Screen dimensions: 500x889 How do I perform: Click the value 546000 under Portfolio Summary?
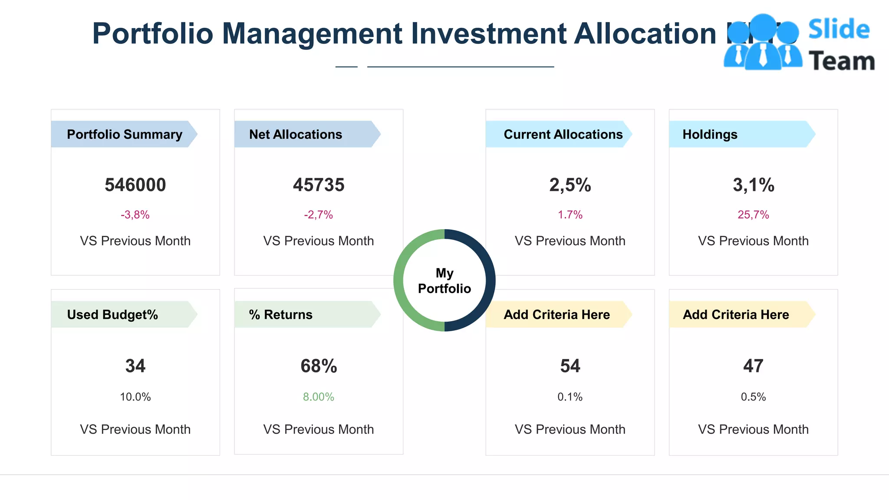pos(135,185)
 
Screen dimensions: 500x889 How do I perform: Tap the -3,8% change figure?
pos(135,215)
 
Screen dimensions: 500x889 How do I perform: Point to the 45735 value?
pos(318,185)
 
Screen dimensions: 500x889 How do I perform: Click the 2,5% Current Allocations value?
pos(570,185)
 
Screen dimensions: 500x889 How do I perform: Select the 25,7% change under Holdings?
pos(753,215)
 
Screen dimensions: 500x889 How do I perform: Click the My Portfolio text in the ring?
pos(444,281)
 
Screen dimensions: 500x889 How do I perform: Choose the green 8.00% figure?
pos(318,397)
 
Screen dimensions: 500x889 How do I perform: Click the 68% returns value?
pos(318,366)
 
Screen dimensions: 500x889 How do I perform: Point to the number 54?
pos(570,366)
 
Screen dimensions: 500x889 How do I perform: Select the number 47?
pos(753,366)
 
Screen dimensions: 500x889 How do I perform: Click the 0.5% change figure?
pos(753,397)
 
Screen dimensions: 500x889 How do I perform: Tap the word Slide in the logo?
pos(839,30)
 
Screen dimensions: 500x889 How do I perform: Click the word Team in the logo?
pos(841,61)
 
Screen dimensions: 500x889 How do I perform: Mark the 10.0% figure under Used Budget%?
pos(135,397)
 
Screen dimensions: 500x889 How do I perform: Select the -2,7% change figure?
pos(318,215)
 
